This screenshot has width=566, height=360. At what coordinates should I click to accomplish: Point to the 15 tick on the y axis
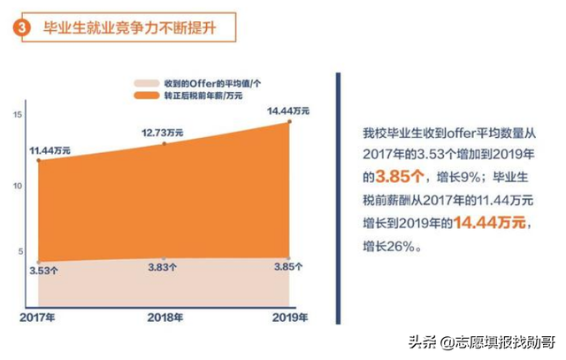point(17,116)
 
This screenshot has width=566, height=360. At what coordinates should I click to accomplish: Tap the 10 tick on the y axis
point(17,186)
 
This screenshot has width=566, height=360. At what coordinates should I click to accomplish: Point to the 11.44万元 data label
point(52,151)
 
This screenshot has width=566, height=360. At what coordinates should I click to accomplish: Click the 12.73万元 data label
point(162,132)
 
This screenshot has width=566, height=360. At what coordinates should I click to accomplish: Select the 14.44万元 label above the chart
point(288,111)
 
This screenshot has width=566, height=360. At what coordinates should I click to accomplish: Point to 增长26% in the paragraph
point(394,249)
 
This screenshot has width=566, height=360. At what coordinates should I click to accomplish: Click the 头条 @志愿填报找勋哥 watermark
point(478,341)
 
